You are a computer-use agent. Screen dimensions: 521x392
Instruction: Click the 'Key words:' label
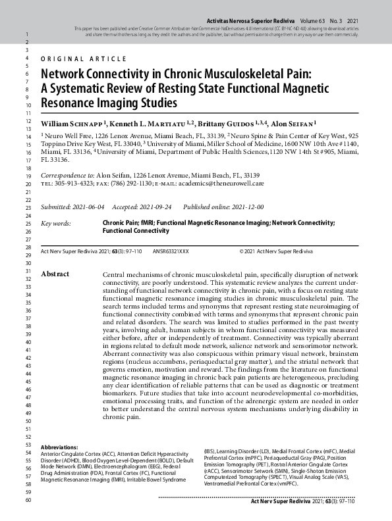point(55,224)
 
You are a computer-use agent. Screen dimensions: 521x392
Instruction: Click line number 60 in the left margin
point(28,501)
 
